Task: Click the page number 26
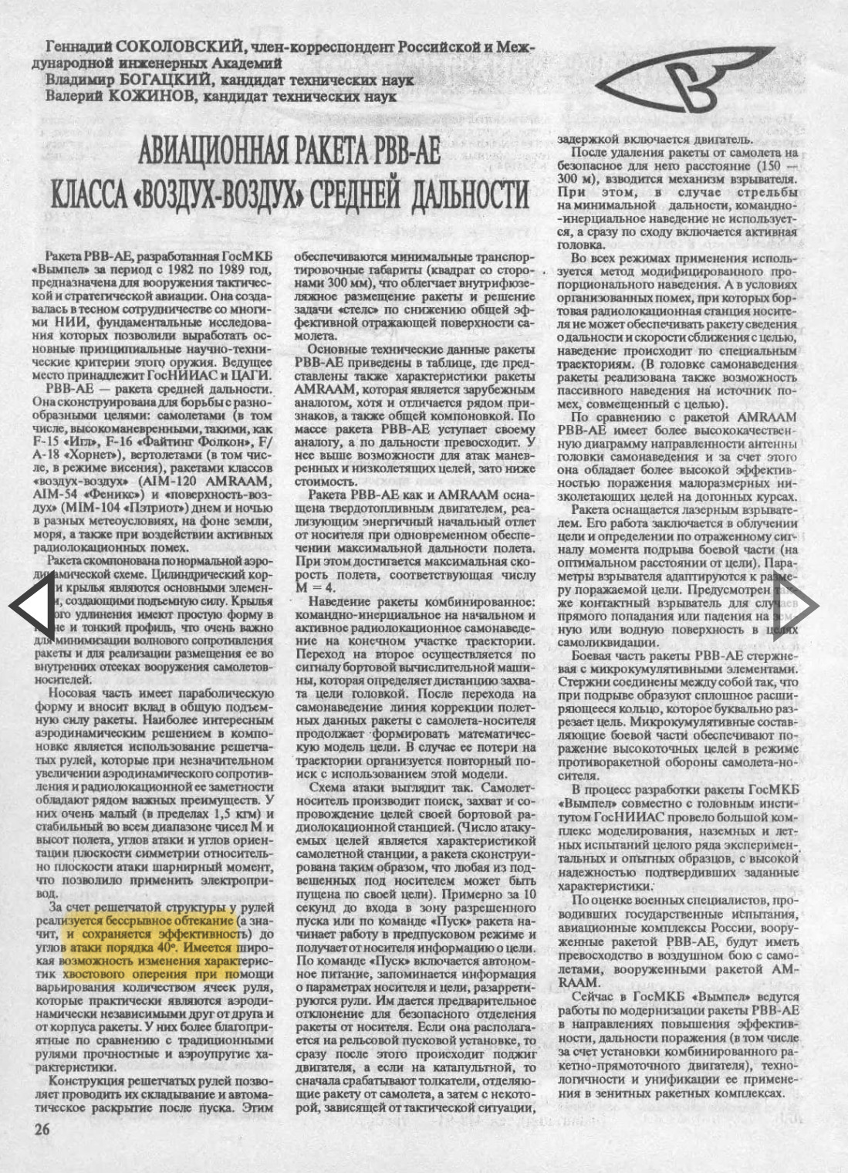42,1129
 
